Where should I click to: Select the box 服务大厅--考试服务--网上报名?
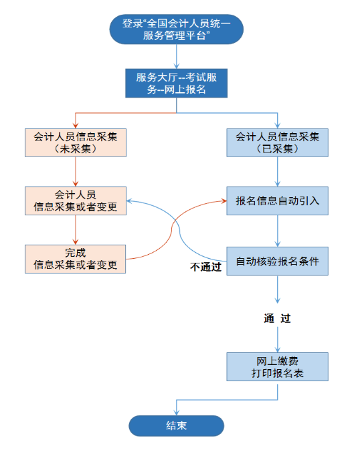click(177, 82)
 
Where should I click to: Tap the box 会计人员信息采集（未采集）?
click(76, 142)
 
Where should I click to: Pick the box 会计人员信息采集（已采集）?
click(278, 142)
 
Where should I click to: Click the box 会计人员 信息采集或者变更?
click(76, 201)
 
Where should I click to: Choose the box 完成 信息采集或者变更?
click(76, 259)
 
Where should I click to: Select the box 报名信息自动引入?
click(278, 201)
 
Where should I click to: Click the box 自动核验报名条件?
click(278, 259)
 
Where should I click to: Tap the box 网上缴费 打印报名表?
click(278, 366)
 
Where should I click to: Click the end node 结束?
click(177, 425)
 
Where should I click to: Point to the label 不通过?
click(205, 267)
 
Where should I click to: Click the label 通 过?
click(277, 318)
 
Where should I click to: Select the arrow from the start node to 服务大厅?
click(177, 56)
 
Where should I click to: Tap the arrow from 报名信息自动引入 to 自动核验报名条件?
click(278, 230)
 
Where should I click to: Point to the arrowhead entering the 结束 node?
click(177, 411)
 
